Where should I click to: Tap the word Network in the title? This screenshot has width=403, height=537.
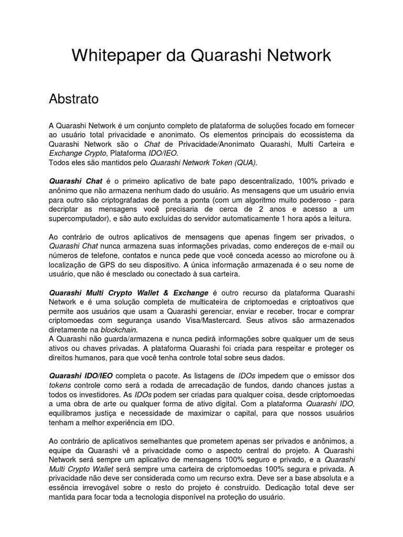[x=298, y=55]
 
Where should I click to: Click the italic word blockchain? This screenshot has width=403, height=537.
[x=119, y=329]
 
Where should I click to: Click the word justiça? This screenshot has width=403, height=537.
[x=98, y=413]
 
